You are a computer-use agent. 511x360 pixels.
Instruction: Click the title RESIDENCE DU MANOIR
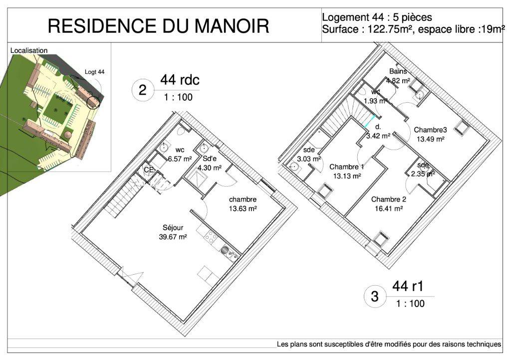coord(158,26)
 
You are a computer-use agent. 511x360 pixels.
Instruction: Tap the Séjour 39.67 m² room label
coord(173,232)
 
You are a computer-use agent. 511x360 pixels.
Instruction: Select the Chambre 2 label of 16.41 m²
coord(388,204)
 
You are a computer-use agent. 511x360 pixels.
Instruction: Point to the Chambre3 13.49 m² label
coord(430,135)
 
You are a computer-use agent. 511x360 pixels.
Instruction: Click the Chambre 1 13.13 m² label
coord(347,172)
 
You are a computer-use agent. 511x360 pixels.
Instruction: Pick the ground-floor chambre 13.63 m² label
coord(243,204)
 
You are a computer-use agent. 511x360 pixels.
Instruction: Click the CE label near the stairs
coord(149,170)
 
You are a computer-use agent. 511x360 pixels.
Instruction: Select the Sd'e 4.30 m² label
coord(209,163)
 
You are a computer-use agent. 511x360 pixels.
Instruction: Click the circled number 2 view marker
coord(142,90)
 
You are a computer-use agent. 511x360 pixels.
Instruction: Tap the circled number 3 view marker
coord(375,296)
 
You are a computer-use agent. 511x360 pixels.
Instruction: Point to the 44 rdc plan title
coord(180,80)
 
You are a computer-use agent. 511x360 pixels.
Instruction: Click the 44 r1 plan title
coord(408,286)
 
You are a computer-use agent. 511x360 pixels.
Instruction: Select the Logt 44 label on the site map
coord(94,72)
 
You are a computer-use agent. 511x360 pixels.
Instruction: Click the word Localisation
coord(29,50)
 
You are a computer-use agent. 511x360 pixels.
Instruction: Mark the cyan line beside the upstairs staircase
coord(370,121)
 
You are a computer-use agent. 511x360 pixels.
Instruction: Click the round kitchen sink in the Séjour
coord(225,250)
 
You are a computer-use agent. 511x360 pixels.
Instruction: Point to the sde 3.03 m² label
coord(308,155)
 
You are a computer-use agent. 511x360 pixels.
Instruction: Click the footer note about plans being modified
coord(389,344)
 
